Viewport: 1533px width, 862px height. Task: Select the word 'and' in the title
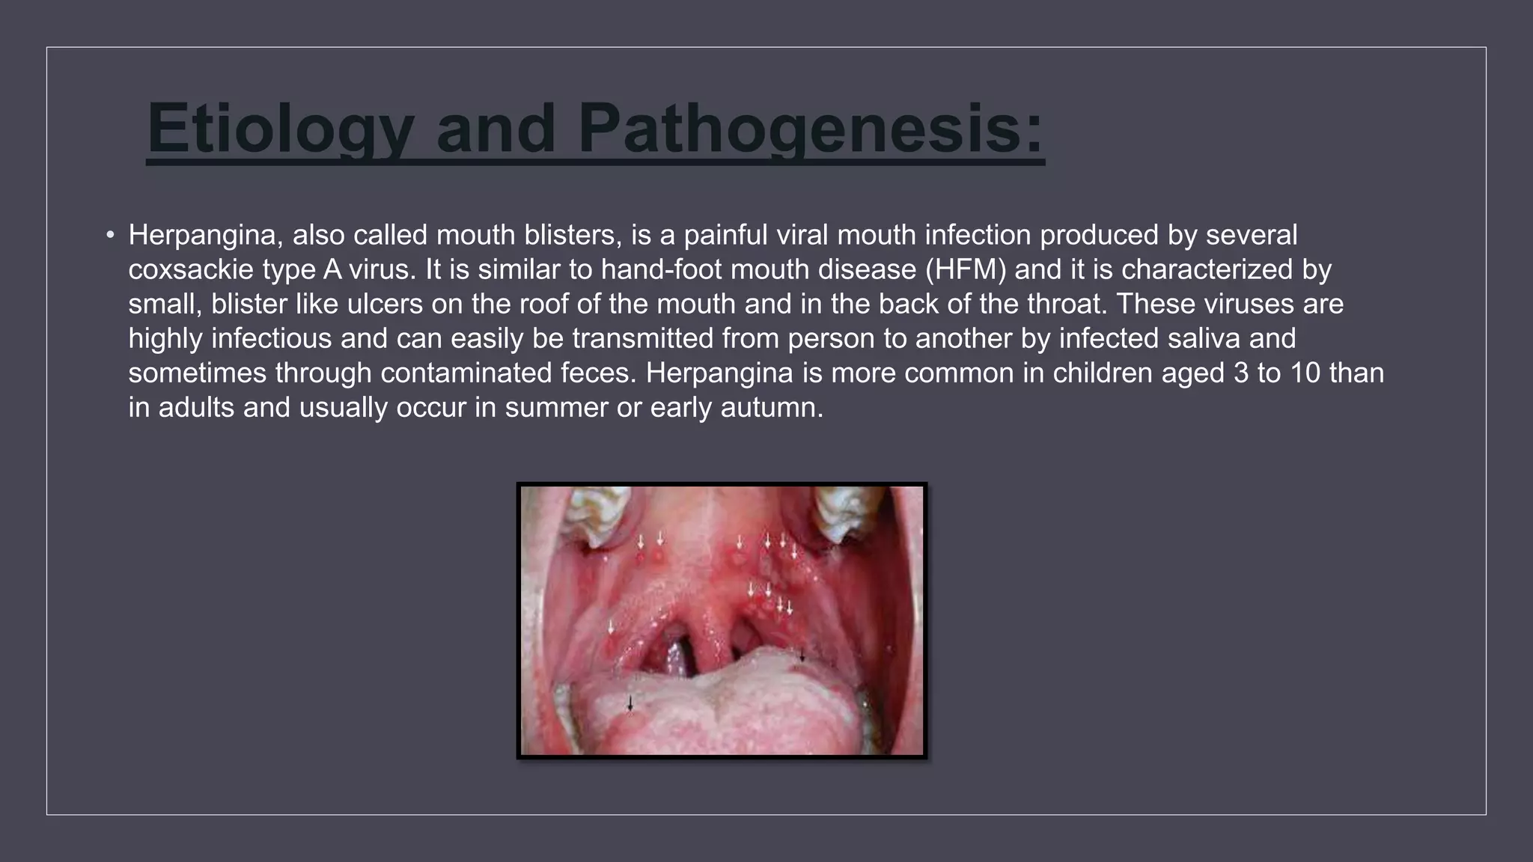click(496, 129)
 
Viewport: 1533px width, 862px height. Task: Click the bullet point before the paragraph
click(110, 236)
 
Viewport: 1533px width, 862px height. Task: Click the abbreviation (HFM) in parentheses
click(965, 269)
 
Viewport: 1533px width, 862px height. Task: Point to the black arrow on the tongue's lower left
click(630, 703)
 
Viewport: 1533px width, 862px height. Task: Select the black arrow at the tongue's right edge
click(802, 656)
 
